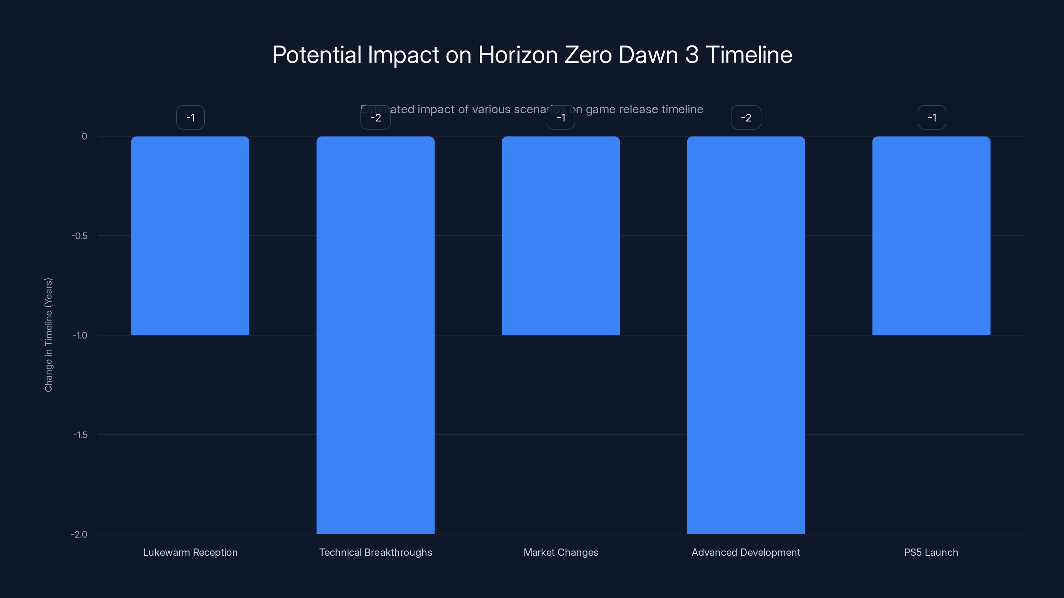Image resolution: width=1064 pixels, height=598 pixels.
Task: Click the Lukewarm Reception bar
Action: click(x=190, y=236)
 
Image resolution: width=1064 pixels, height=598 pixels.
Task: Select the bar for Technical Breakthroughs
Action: click(x=375, y=335)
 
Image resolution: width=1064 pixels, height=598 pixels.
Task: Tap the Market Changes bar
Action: click(x=561, y=236)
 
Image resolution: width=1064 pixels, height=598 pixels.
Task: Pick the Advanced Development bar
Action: click(x=745, y=335)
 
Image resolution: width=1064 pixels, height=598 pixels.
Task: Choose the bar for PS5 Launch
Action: click(x=931, y=236)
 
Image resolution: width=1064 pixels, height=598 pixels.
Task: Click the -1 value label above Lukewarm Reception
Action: click(x=191, y=118)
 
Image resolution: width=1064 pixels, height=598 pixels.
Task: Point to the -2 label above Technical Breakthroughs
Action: click(x=375, y=118)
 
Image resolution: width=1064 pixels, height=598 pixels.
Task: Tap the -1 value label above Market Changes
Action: click(x=561, y=118)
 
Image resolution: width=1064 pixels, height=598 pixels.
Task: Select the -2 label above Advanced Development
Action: click(x=746, y=118)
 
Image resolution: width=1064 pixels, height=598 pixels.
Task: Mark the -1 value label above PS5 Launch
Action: click(x=932, y=118)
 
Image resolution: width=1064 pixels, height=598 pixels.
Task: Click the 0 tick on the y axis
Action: click(x=84, y=137)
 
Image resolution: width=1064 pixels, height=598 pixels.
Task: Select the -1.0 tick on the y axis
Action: click(x=80, y=336)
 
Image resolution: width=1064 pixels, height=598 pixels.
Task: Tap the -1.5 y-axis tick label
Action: click(x=80, y=435)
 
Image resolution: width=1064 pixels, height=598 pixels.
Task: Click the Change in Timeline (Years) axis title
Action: click(x=48, y=335)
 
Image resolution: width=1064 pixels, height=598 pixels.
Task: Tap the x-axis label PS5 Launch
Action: click(x=931, y=552)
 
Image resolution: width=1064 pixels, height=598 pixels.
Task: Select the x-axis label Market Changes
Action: click(x=561, y=552)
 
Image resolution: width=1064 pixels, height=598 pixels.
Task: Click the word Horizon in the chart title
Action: click(x=518, y=55)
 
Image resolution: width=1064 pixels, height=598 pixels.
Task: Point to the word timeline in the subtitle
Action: click(x=682, y=109)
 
